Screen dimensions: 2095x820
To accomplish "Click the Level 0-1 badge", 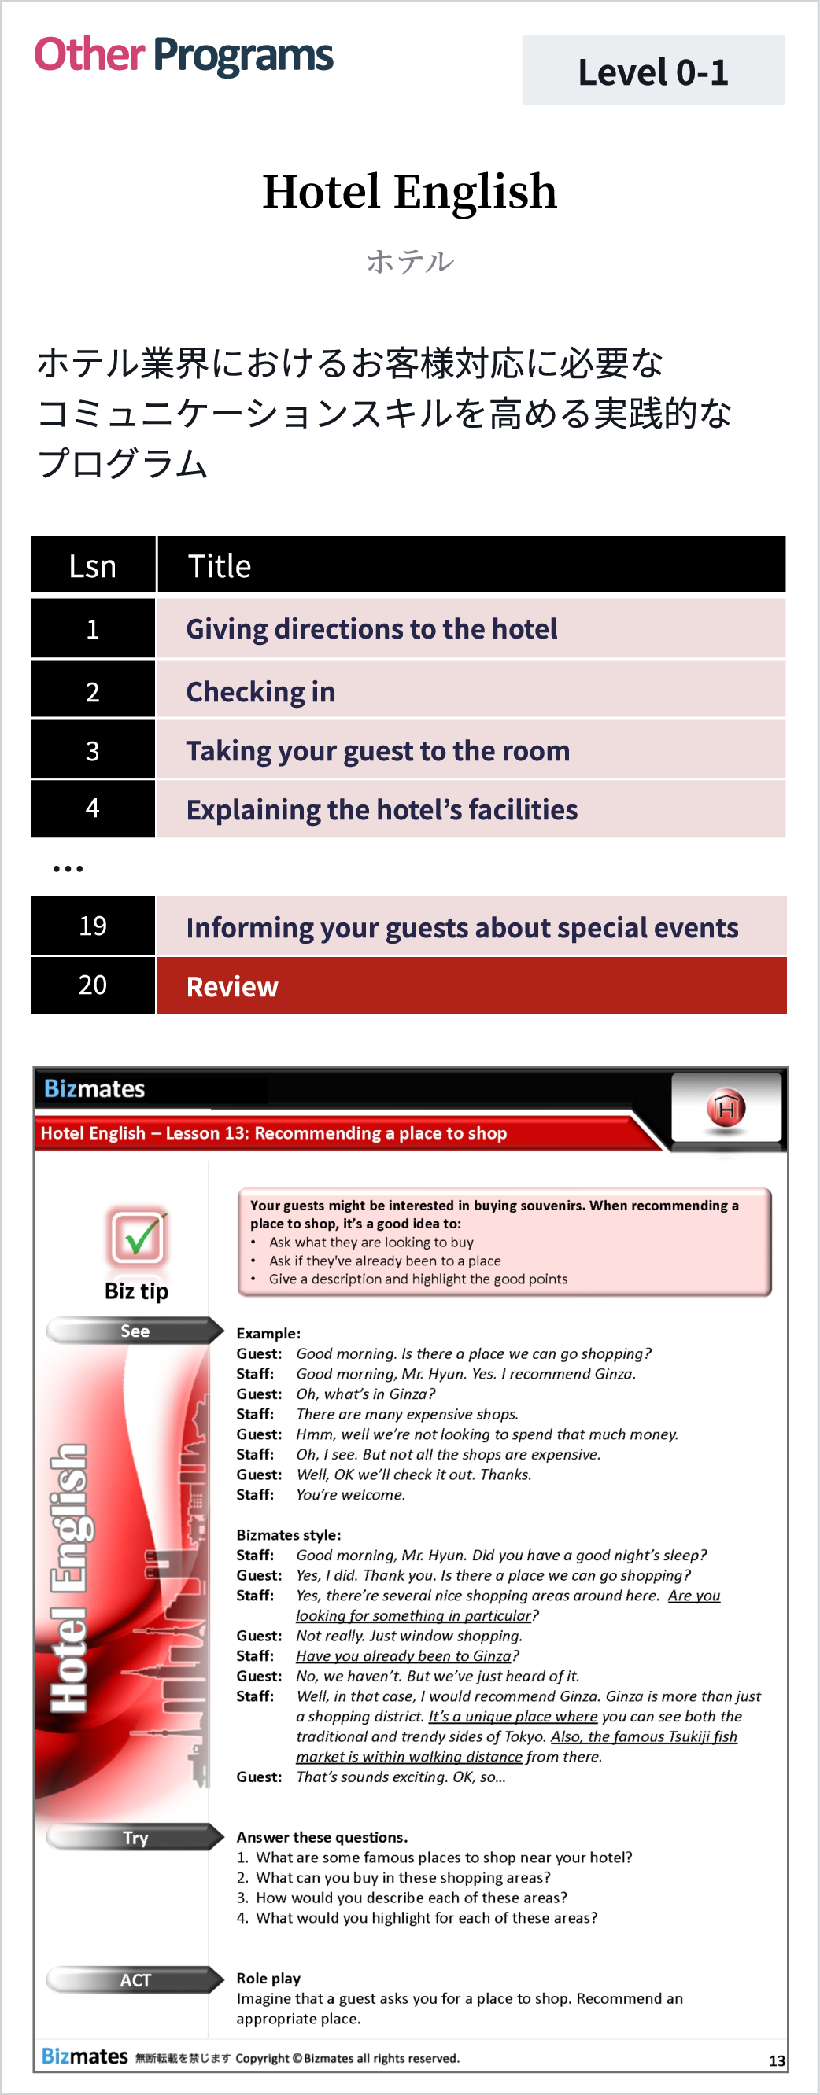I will click(x=652, y=71).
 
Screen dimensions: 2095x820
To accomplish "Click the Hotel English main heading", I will click(x=409, y=192).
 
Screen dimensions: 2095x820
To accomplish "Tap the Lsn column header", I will click(x=93, y=565).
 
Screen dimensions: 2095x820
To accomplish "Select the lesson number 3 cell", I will click(x=93, y=749).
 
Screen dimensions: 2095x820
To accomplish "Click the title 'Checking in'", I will click(x=260, y=691).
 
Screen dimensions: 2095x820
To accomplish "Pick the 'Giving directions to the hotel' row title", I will click(x=371, y=628).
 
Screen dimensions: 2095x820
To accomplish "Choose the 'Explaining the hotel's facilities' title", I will click(x=382, y=809).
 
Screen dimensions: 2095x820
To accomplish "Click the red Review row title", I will click(x=233, y=985).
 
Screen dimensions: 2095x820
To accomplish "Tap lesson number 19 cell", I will click(x=93, y=926).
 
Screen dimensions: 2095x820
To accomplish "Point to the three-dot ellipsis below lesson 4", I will click(x=68, y=868).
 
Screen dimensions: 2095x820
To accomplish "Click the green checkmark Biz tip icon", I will click(x=138, y=1236).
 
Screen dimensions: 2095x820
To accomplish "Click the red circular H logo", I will click(x=726, y=1108).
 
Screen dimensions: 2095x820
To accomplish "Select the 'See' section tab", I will click(x=135, y=1331).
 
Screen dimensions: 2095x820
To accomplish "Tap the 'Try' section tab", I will click(x=135, y=1837).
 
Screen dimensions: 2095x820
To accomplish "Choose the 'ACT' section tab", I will click(x=135, y=1979).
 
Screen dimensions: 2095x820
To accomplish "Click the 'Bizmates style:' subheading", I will click(x=289, y=1534).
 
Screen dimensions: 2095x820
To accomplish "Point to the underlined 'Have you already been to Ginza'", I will click(x=404, y=1656).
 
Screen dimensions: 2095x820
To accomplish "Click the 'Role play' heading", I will click(x=268, y=1978).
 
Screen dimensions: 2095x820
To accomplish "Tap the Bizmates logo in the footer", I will click(x=85, y=2056).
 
